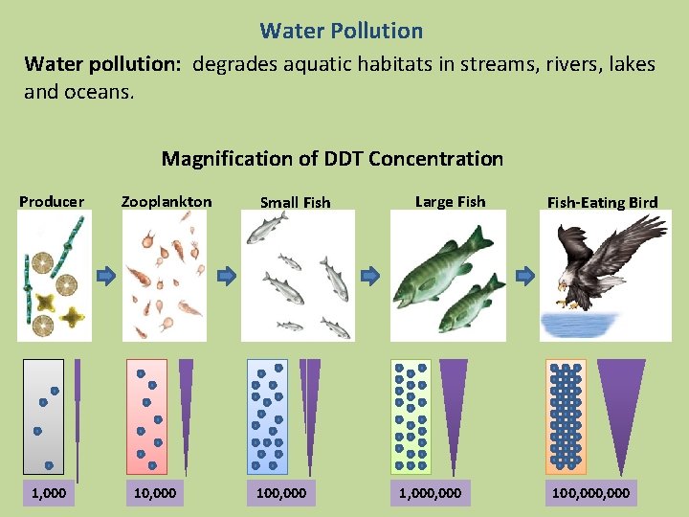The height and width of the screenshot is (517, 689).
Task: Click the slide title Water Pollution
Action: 341,31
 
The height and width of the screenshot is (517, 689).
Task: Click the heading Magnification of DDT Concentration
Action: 332,159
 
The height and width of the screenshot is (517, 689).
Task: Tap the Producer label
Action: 52,201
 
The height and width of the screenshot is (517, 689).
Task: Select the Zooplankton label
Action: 167,201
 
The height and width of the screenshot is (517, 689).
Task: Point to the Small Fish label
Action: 296,202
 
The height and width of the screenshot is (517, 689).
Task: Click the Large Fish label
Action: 449,201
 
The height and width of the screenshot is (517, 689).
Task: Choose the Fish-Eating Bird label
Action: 602,202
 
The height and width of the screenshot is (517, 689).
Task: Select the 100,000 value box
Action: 282,492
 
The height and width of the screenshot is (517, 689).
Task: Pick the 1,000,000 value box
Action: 428,492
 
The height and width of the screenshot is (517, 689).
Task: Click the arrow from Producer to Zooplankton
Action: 106,276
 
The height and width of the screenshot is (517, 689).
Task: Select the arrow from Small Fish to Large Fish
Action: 370,276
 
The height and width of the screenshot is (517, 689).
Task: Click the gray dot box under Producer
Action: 43,416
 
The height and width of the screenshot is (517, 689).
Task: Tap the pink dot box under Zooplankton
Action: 146,416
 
